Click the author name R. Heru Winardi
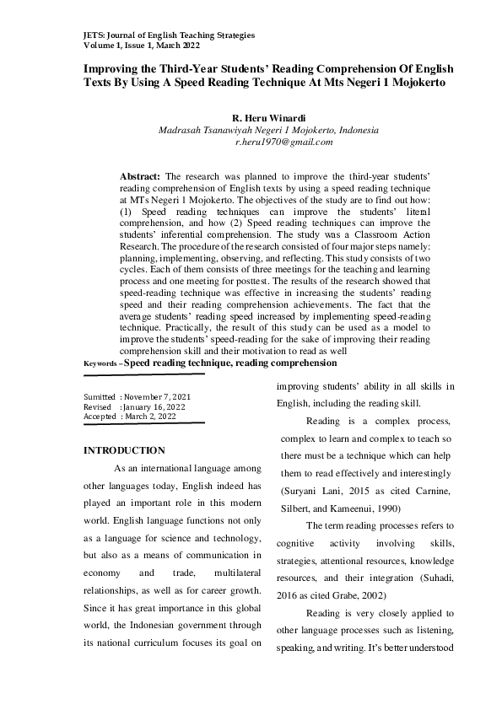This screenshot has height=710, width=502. point(268,119)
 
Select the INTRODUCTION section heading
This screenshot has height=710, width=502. point(124,450)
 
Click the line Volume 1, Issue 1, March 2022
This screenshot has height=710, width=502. point(142,46)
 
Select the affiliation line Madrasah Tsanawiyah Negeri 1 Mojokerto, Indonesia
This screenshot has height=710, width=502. point(268,132)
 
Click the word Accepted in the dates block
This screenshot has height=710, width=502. point(100,416)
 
